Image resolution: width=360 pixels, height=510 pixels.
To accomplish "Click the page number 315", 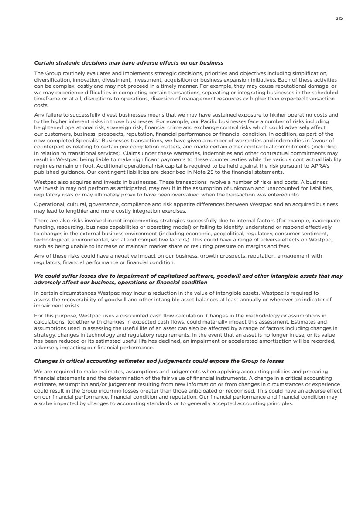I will pyautogui.click(x=339, y=18).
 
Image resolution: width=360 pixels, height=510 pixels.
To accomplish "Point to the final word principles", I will pyautogui.click(x=279, y=404).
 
